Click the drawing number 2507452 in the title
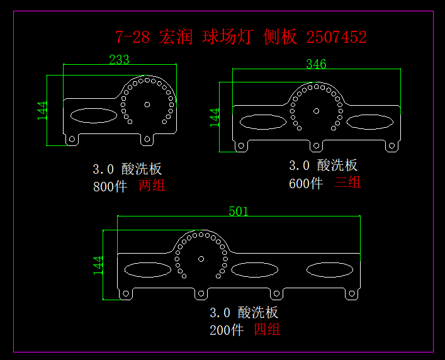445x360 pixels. (336, 37)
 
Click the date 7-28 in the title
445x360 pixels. (132, 37)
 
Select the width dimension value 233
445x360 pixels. (119, 60)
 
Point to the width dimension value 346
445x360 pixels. (316, 64)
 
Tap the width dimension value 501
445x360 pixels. (239, 211)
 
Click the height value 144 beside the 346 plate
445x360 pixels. (215, 117)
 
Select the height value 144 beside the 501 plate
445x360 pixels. (98, 265)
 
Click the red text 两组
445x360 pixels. (152, 186)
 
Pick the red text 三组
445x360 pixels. (347, 183)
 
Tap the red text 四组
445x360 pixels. (267, 329)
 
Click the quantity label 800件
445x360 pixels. (110, 186)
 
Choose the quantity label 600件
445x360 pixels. (306, 183)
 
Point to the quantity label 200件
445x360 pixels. (227, 330)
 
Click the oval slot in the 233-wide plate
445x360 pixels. (93, 115)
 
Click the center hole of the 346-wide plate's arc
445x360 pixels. (316, 111)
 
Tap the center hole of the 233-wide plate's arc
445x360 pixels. (147, 104)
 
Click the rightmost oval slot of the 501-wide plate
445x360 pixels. (330, 270)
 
